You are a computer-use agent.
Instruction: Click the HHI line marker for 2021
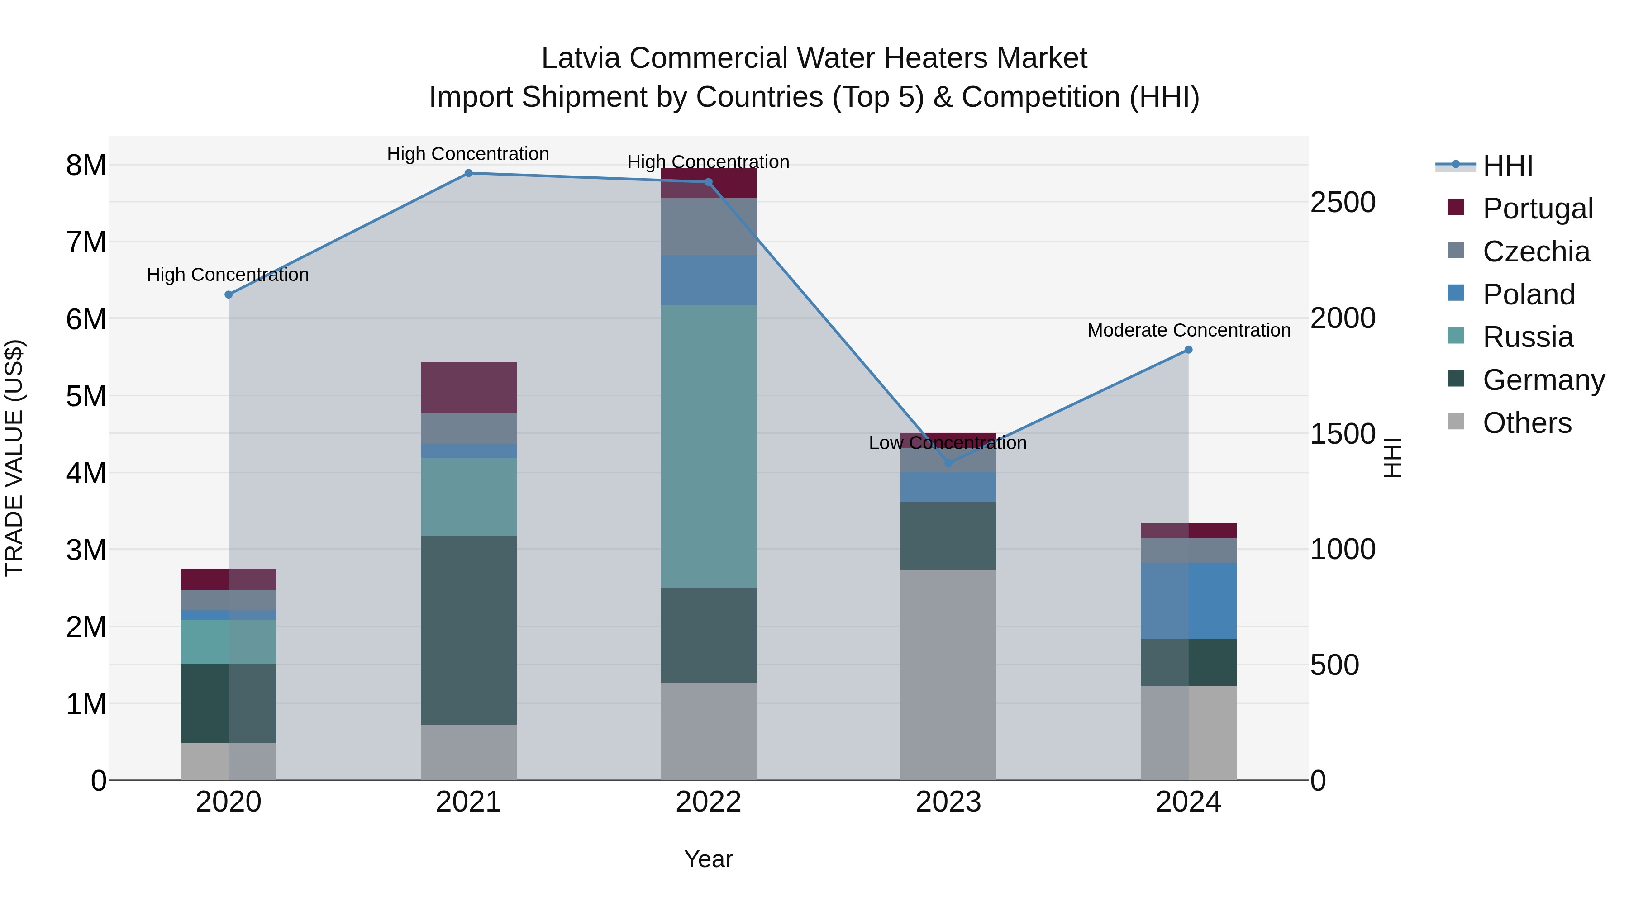pyautogui.click(x=469, y=173)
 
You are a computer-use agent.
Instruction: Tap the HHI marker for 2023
pyautogui.click(x=948, y=463)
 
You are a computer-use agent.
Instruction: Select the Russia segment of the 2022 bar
pyautogui.click(x=708, y=446)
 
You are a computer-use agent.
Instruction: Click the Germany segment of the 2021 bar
pyautogui.click(x=469, y=630)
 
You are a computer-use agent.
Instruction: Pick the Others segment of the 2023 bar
pyautogui.click(x=948, y=674)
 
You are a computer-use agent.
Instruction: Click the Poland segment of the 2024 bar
pyautogui.click(x=1188, y=601)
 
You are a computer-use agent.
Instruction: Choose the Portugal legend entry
pyautogui.click(x=1537, y=209)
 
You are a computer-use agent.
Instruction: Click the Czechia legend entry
pyautogui.click(x=1535, y=252)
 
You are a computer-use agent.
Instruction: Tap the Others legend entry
pyautogui.click(x=1527, y=423)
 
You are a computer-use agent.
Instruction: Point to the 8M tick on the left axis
pyautogui.click(x=86, y=166)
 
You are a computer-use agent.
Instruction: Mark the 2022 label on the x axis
pyautogui.click(x=708, y=802)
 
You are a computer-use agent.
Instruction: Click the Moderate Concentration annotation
pyautogui.click(x=1188, y=330)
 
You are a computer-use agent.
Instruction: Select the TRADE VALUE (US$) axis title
pyautogui.click(x=14, y=458)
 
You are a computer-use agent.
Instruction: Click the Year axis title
pyautogui.click(x=708, y=859)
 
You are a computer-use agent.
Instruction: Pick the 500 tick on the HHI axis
pyautogui.click(x=1334, y=665)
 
